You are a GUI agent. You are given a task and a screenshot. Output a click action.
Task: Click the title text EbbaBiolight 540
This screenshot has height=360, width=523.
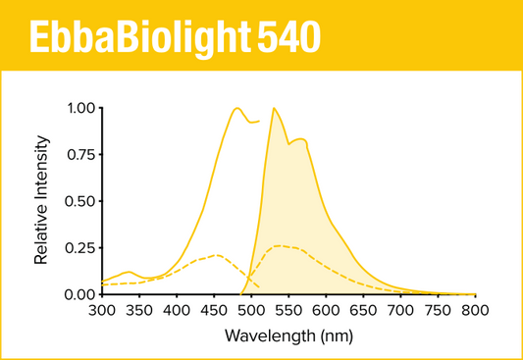[x=173, y=37]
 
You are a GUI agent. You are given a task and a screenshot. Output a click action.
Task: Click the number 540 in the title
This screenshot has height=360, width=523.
[x=288, y=37]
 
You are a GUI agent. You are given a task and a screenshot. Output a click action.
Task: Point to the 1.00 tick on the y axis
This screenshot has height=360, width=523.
[x=81, y=108]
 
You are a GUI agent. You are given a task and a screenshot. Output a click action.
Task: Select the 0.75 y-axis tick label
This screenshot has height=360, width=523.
[x=81, y=155]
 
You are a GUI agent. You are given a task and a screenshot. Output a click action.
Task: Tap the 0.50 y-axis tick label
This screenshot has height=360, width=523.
[x=81, y=201]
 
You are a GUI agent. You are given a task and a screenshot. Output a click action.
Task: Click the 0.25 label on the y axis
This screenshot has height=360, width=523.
[x=81, y=248]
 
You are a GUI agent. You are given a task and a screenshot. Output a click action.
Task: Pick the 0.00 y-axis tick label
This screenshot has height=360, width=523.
[x=81, y=294]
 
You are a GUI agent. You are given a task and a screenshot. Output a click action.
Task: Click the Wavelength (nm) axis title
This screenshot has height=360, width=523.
[x=288, y=335]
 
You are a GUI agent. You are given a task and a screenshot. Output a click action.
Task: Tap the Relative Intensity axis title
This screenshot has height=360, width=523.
[x=42, y=201]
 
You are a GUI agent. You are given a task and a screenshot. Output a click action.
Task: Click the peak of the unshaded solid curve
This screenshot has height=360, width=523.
[x=236, y=108]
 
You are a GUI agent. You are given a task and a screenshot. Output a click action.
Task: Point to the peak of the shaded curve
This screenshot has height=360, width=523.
[x=273, y=108]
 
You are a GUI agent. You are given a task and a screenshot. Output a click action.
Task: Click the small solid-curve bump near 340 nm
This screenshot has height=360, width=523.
[x=130, y=272]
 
